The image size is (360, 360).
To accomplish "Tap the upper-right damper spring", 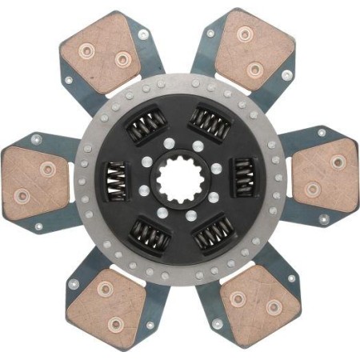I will (x=213, y=123).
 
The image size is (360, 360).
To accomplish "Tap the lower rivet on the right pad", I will (x=312, y=190).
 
